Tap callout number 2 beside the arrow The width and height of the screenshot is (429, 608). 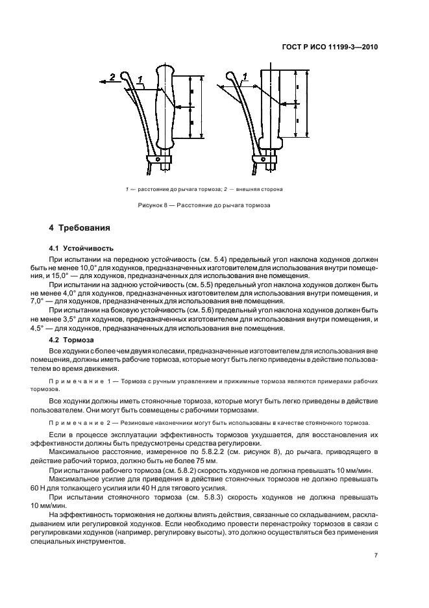pyautogui.click(x=111, y=77)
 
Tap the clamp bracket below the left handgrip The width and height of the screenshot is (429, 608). pyautogui.click(x=160, y=159)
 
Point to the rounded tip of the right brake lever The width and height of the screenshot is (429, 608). pyautogui.click(x=230, y=77)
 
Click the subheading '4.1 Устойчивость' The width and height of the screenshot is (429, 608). pyautogui.click(x=82, y=248)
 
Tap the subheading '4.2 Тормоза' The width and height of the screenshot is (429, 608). pyautogui.click(x=73, y=340)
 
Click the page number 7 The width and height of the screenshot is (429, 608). pyautogui.click(x=376, y=555)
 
